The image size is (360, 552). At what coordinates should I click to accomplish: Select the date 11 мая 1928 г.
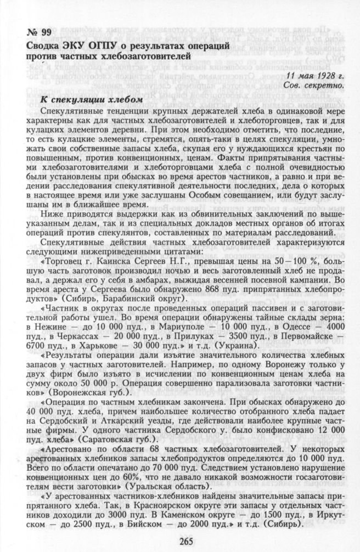(x=314, y=76)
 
